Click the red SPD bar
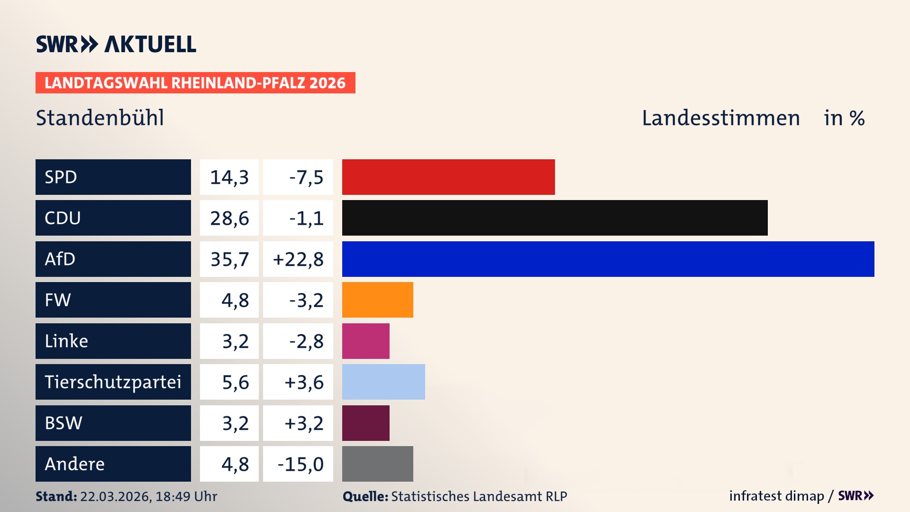click(x=448, y=177)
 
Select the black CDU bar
click(x=555, y=218)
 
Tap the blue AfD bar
click(x=608, y=259)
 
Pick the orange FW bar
click(x=377, y=300)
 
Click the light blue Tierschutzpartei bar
click(x=383, y=382)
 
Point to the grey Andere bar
click(x=377, y=464)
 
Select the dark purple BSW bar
click(x=365, y=423)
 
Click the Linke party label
click(x=66, y=341)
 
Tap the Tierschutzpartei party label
click(x=113, y=382)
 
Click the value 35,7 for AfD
click(x=229, y=259)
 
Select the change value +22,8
click(x=298, y=259)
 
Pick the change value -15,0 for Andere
click(x=300, y=464)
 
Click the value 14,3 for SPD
click(x=229, y=177)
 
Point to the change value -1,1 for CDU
click(x=306, y=218)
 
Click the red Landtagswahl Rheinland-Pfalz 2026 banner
click(x=195, y=83)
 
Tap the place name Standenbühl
click(x=100, y=118)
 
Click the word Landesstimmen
click(x=720, y=118)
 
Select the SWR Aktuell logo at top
click(x=116, y=44)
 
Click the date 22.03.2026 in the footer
click(x=115, y=496)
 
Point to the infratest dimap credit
click(x=776, y=496)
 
